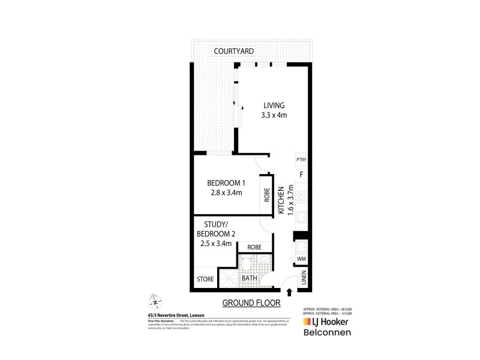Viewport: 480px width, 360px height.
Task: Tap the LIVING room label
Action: click(x=272, y=106)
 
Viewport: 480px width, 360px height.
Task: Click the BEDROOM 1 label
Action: click(x=226, y=183)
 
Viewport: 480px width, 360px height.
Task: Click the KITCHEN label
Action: click(x=280, y=200)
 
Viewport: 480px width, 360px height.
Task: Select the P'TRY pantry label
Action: click(x=301, y=160)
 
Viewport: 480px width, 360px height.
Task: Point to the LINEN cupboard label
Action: click(x=304, y=278)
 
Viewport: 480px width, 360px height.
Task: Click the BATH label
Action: click(x=250, y=279)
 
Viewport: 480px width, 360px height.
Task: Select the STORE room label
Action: click(x=205, y=279)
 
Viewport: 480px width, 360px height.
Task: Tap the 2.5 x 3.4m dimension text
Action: click(x=217, y=244)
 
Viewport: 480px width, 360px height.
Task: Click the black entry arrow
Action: click(x=290, y=293)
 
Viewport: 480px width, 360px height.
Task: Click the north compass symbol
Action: click(x=154, y=301)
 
